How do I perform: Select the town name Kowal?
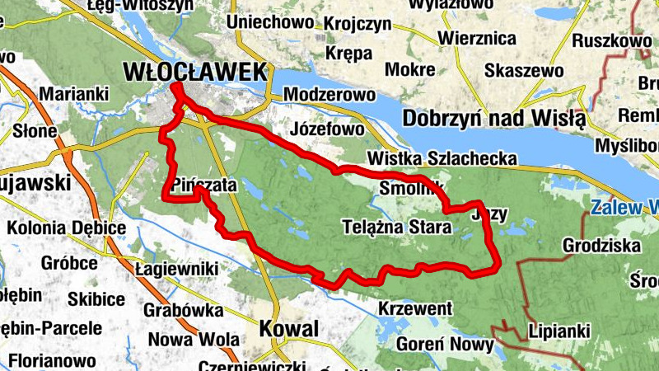[x=288, y=329]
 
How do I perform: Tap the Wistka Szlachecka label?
[x=443, y=158]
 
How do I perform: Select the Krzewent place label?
[x=416, y=308]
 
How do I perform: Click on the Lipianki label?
[x=560, y=330]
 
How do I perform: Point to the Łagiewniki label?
[x=176, y=269]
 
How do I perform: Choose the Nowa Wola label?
[x=194, y=339]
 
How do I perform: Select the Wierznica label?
[x=477, y=39]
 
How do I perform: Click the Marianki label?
[x=73, y=94]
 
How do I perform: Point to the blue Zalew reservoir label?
[x=624, y=205]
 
